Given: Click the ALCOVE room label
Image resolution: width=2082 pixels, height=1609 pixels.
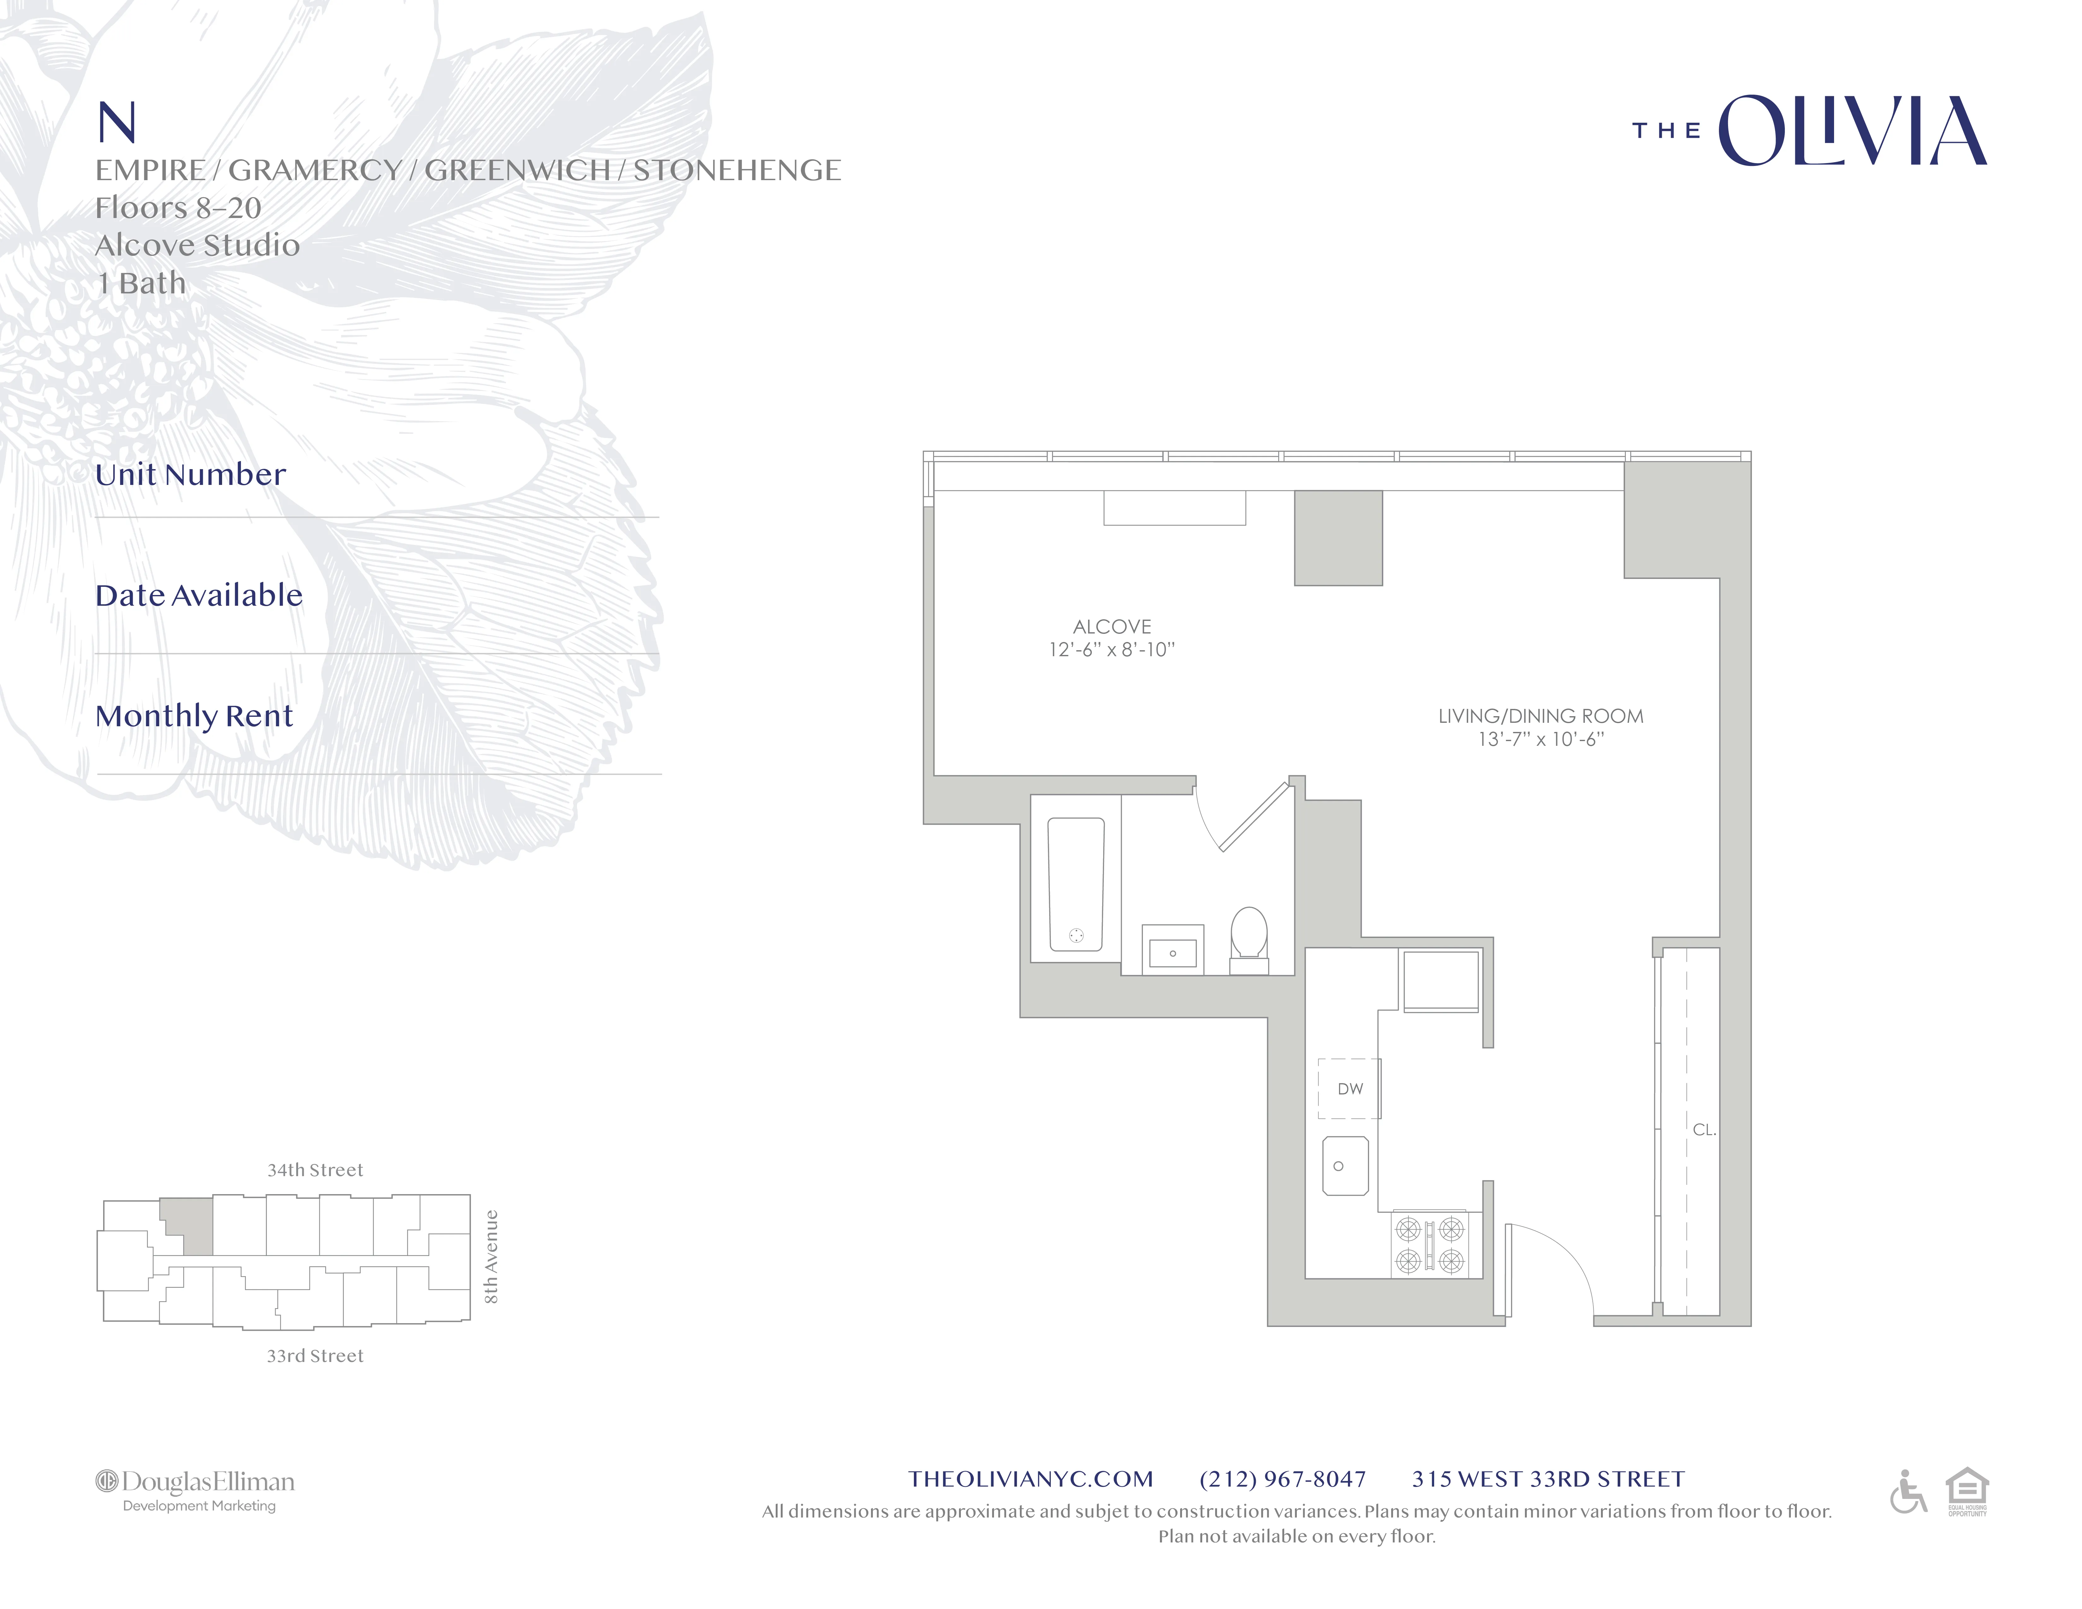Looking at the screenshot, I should tap(1112, 626).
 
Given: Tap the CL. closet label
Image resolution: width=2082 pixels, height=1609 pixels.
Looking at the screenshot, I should tap(1703, 1129).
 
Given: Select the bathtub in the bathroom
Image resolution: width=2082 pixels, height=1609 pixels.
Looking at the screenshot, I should tap(1076, 885).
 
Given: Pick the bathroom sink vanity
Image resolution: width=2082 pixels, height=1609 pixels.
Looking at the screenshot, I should tap(1173, 949).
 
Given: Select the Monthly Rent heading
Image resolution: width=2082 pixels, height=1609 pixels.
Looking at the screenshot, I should tap(194, 716).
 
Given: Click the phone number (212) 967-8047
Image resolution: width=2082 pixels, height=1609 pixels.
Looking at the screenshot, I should tap(1282, 1479).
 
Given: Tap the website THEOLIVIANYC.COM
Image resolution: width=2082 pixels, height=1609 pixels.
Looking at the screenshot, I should tap(1031, 1479).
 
